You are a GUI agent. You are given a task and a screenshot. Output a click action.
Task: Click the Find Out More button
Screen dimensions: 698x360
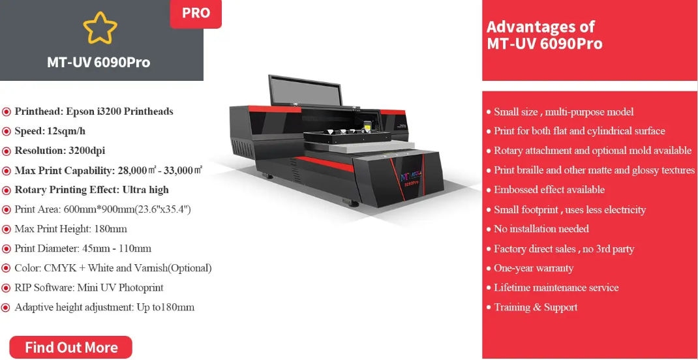click(x=71, y=347)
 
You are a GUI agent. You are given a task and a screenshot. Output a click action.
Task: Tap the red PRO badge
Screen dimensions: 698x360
click(x=196, y=13)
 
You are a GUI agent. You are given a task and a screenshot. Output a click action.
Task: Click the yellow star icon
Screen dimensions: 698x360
click(x=100, y=28)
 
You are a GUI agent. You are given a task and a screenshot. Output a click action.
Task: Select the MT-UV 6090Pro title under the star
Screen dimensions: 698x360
click(x=99, y=62)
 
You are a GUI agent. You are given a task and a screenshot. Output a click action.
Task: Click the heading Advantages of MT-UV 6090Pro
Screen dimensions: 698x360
click(x=545, y=35)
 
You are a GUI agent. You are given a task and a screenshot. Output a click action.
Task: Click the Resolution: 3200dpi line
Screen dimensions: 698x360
click(x=60, y=151)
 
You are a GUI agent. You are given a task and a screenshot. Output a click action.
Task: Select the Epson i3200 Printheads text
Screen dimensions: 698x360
click(x=119, y=112)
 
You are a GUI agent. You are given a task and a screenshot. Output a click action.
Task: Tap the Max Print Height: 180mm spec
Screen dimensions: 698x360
click(x=71, y=229)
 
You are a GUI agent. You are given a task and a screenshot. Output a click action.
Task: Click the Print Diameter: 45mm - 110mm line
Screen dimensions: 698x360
click(x=83, y=248)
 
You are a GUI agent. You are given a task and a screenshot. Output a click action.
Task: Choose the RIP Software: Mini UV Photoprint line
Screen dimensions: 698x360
click(x=89, y=288)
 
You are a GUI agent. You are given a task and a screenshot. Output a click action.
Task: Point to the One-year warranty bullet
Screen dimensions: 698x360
click(x=534, y=268)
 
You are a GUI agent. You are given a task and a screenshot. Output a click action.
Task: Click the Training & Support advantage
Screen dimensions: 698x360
click(x=536, y=307)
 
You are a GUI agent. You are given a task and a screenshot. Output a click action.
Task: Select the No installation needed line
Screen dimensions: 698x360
click(x=541, y=229)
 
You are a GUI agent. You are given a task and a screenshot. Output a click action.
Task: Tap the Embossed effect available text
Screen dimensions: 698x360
click(x=549, y=190)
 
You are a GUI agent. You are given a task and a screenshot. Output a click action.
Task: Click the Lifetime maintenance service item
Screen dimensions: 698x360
click(x=556, y=288)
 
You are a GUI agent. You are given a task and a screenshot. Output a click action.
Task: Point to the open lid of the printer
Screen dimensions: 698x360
click(x=305, y=91)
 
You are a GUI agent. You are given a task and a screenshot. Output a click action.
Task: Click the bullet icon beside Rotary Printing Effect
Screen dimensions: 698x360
click(x=7, y=190)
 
